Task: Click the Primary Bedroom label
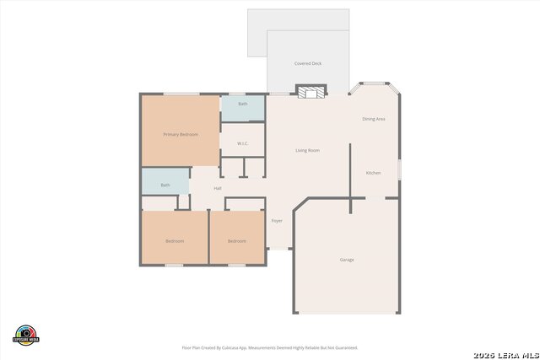pyautogui.click(x=181, y=135)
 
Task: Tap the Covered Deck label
pyautogui.click(x=308, y=63)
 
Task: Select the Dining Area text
pyautogui.click(x=374, y=120)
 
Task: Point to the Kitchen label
pyautogui.click(x=373, y=173)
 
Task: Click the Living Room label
pyautogui.click(x=307, y=151)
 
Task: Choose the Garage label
pyautogui.click(x=346, y=260)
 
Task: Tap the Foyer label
pyautogui.click(x=277, y=221)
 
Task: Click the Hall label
pyautogui.click(x=218, y=188)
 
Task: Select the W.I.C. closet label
pyautogui.click(x=242, y=143)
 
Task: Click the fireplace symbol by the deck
pyautogui.click(x=310, y=91)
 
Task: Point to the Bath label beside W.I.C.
pyautogui.click(x=243, y=104)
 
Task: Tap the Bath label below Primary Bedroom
pyautogui.click(x=165, y=185)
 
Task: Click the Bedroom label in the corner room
pyautogui.click(x=175, y=241)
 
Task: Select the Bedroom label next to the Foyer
pyautogui.click(x=237, y=241)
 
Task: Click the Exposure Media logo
pyautogui.click(x=27, y=335)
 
